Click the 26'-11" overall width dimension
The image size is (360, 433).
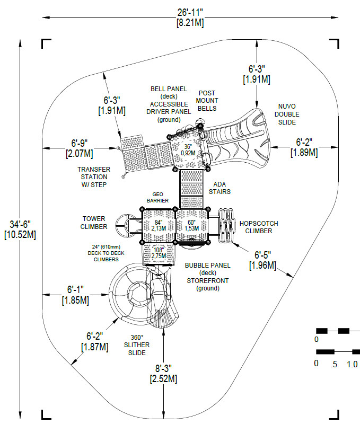point(190,17)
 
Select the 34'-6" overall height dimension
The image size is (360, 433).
point(20,229)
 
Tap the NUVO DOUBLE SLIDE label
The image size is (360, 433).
point(287,114)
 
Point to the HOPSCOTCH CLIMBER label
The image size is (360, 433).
point(259,227)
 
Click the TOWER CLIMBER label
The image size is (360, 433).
point(94,223)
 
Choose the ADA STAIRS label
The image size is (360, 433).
point(219,188)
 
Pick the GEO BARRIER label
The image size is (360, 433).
point(157,198)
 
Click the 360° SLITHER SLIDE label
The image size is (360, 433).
point(137,345)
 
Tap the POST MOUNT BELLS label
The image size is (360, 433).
point(207,101)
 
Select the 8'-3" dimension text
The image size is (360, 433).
point(163,373)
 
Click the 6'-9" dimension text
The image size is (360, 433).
point(80,148)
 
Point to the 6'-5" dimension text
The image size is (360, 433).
point(262,260)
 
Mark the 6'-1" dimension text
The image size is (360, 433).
point(75,295)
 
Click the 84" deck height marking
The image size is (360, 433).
point(159,225)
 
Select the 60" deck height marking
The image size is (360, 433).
point(192,225)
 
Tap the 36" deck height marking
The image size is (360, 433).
point(188,149)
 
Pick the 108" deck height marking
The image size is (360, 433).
point(159,253)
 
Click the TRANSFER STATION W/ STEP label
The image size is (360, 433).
point(94,176)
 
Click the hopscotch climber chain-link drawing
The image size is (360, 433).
point(226,226)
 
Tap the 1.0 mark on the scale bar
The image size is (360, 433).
point(352,364)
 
